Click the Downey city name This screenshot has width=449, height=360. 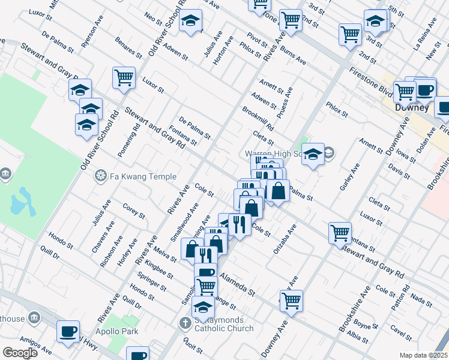point(412,107)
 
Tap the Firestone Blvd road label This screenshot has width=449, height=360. point(369,82)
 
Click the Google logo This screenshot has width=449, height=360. point(20,353)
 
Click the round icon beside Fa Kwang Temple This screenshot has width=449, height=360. point(100,176)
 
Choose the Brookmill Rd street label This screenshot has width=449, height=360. point(258,119)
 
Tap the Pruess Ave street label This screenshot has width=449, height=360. point(289,99)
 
